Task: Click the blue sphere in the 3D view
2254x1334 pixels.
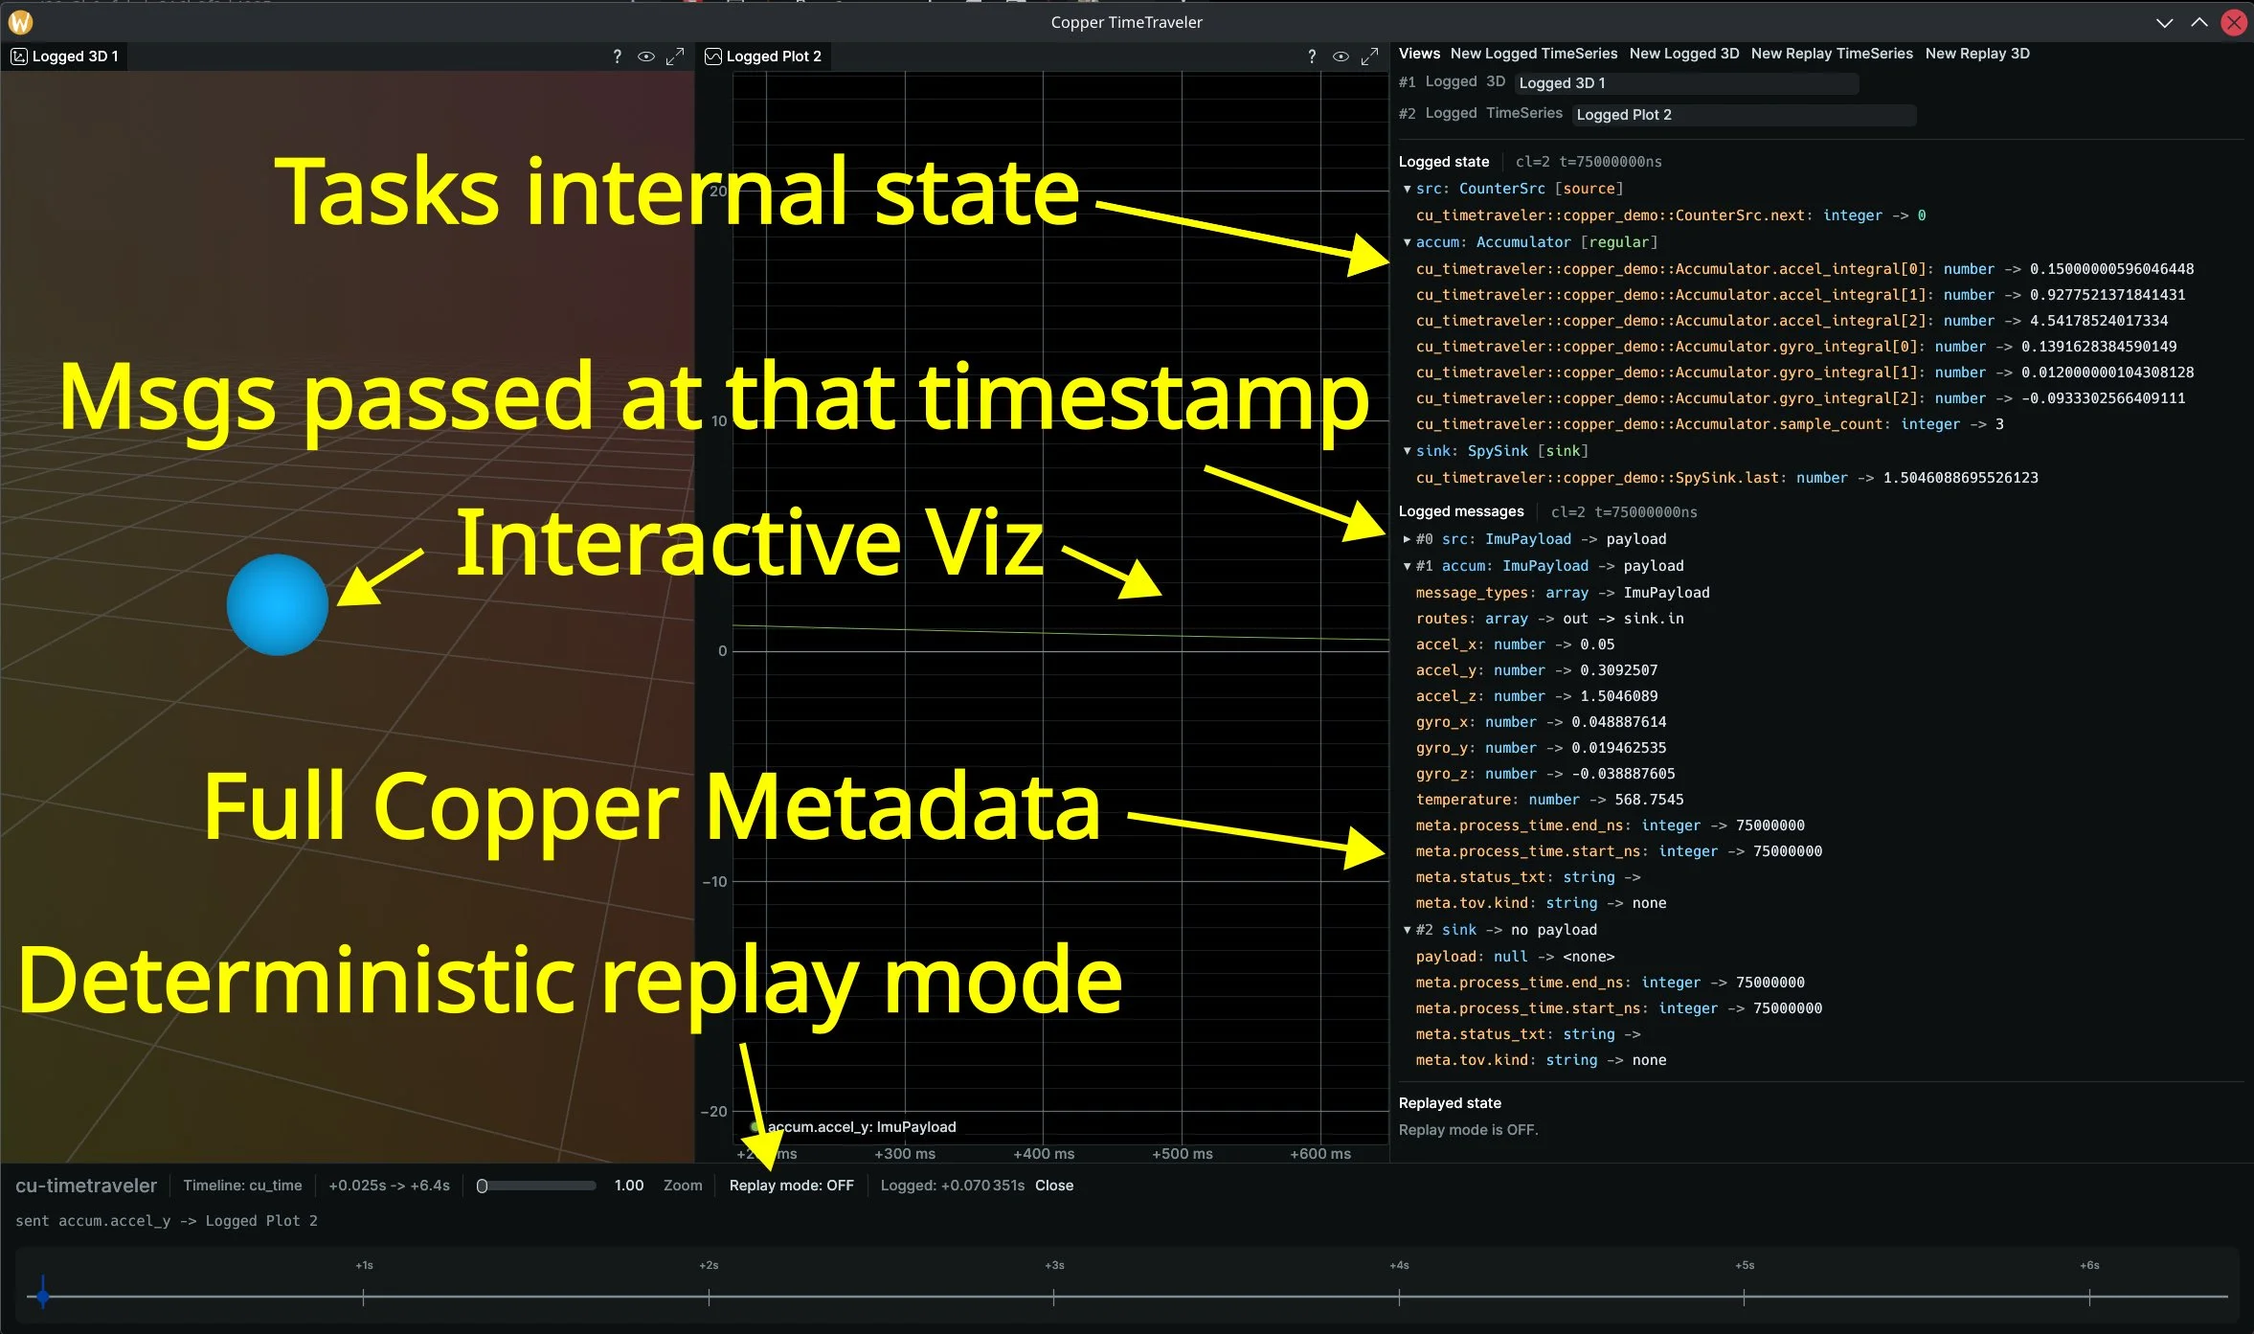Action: (x=278, y=605)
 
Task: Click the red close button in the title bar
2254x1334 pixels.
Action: (x=2234, y=22)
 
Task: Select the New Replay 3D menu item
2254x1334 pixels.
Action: (x=1977, y=54)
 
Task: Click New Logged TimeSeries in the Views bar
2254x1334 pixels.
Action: (x=1533, y=54)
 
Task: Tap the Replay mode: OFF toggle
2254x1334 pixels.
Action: (x=791, y=1186)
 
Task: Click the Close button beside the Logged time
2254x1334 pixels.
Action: (x=1054, y=1186)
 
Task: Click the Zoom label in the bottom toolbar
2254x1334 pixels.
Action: (x=683, y=1186)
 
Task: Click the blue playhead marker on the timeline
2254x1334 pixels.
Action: (x=42, y=1297)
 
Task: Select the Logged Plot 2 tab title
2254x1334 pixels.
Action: (x=773, y=57)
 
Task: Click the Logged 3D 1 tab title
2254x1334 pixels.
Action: (x=75, y=57)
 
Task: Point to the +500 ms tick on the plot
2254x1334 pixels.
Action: (x=1183, y=1154)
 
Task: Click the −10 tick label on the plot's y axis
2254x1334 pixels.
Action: (x=715, y=882)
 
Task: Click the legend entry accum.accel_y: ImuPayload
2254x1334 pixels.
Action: (x=861, y=1127)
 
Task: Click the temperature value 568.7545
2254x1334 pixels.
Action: (x=1649, y=800)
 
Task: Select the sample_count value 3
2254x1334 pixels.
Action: (x=1999, y=424)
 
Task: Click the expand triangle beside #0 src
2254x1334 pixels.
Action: (x=1407, y=539)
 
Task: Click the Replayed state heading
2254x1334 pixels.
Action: (x=1450, y=1103)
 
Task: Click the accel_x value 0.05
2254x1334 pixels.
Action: (x=1597, y=644)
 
